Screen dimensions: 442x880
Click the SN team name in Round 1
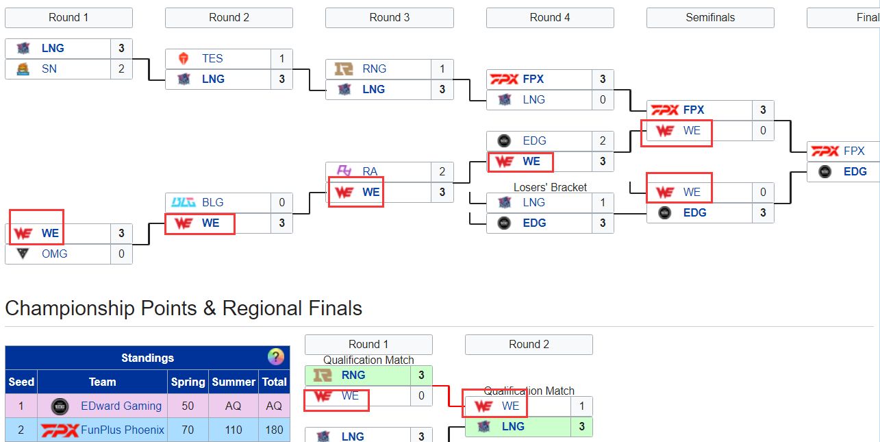click(x=49, y=69)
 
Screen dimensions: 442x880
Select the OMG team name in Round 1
click(x=55, y=254)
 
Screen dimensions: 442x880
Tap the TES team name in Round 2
click(x=212, y=59)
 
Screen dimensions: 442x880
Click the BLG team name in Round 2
click(x=213, y=203)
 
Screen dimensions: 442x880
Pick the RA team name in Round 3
click(x=370, y=172)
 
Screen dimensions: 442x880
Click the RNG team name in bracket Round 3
click(x=375, y=69)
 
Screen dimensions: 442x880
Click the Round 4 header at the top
click(x=550, y=18)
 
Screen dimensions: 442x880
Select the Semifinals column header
click(x=710, y=18)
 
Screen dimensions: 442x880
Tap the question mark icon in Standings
click(x=275, y=357)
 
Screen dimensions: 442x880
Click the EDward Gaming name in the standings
click(x=121, y=406)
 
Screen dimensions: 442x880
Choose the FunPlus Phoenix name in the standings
click(x=123, y=430)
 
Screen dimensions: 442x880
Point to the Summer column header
click(x=233, y=382)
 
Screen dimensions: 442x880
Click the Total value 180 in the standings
click(x=274, y=430)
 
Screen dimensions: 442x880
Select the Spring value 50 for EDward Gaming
click(x=188, y=406)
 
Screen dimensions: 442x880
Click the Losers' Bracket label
click(x=550, y=187)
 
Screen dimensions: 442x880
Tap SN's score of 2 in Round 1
click(x=121, y=69)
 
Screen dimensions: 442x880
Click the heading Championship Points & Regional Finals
click(x=184, y=308)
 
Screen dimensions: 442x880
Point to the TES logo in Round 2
click(x=184, y=59)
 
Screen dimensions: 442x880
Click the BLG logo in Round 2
click(x=184, y=203)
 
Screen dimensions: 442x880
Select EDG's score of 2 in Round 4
click(x=603, y=141)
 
